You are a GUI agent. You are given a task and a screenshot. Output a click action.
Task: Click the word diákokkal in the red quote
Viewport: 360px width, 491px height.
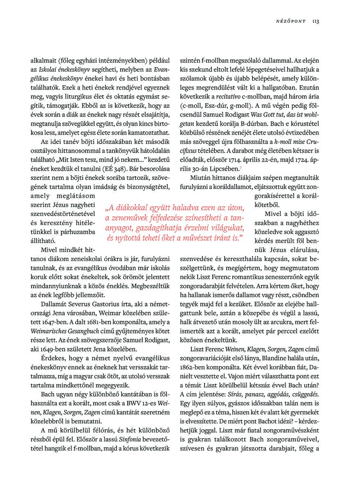point(139,207)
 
